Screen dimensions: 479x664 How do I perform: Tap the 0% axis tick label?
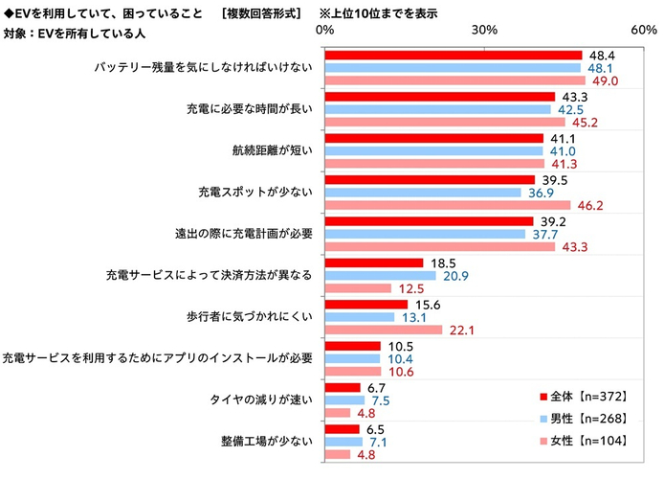[x=325, y=31]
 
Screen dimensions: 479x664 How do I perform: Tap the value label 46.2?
[x=589, y=205]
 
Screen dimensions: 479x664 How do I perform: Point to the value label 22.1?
[x=461, y=330]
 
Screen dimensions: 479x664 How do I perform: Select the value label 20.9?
[x=454, y=276]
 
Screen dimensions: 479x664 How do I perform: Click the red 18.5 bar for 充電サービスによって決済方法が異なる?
[x=374, y=262]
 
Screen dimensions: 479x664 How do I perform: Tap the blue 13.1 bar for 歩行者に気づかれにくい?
[x=360, y=317]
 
